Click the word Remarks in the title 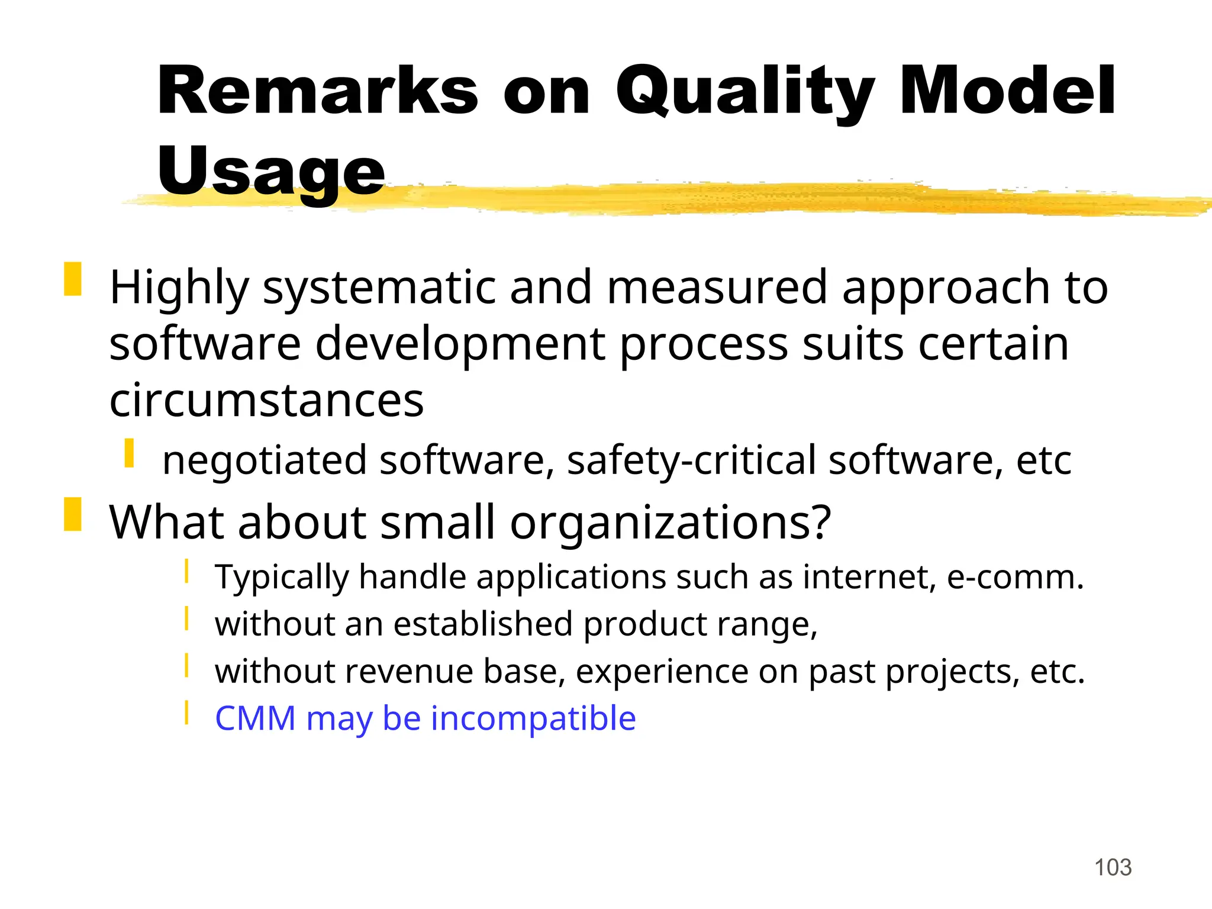pyautogui.click(x=317, y=92)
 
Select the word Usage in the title pyautogui.click(x=271, y=172)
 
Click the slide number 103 pyautogui.click(x=1113, y=868)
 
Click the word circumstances pyautogui.click(x=266, y=401)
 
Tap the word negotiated pyautogui.click(x=265, y=461)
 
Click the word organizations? pyautogui.click(x=671, y=523)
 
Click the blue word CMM pyautogui.click(x=255, y=718)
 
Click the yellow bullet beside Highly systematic pyautogui.click(x=72, y=279)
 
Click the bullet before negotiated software pyautogui.click(x=129, y=453)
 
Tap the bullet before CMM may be pyautogui.click(x=186, y=713)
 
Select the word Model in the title pyautogui.click(x=1007, y=92)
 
